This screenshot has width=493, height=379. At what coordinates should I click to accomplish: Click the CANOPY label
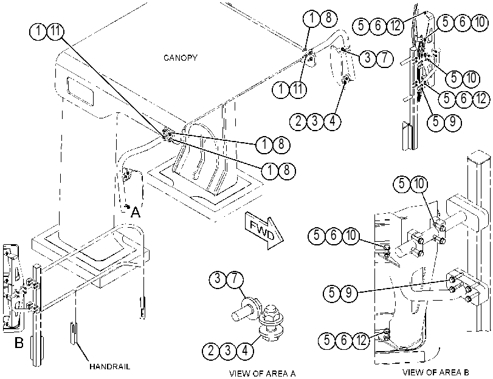click(x=180, y=58)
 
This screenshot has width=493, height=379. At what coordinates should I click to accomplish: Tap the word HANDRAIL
click(x=110, y=366)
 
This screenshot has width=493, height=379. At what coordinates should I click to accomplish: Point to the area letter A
click(x=135, y=213)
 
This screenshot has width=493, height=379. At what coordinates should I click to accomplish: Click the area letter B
click(x=19, y=342)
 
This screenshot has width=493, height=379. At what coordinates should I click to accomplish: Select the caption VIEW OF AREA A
click(x=262, y=374)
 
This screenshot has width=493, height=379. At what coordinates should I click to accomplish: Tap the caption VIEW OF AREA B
click(x=436, y=372)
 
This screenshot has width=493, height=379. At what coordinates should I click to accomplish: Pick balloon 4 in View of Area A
click(x=245, y=350)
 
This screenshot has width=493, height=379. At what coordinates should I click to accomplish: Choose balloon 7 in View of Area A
click(x=235, y=279)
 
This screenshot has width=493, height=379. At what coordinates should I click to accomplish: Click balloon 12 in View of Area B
click(x=361, y=340)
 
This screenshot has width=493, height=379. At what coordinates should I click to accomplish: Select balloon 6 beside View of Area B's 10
click(x=334, y=235)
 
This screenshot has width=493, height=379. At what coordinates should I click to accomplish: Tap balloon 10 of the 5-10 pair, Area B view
click(x=419, y=183)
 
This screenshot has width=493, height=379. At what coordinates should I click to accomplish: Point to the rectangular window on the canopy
click(x=80, y=90)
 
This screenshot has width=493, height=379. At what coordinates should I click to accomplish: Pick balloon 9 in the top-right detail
click(x=452, y=121)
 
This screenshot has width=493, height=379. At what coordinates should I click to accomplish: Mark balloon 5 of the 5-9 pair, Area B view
click(x=332, y=293)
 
